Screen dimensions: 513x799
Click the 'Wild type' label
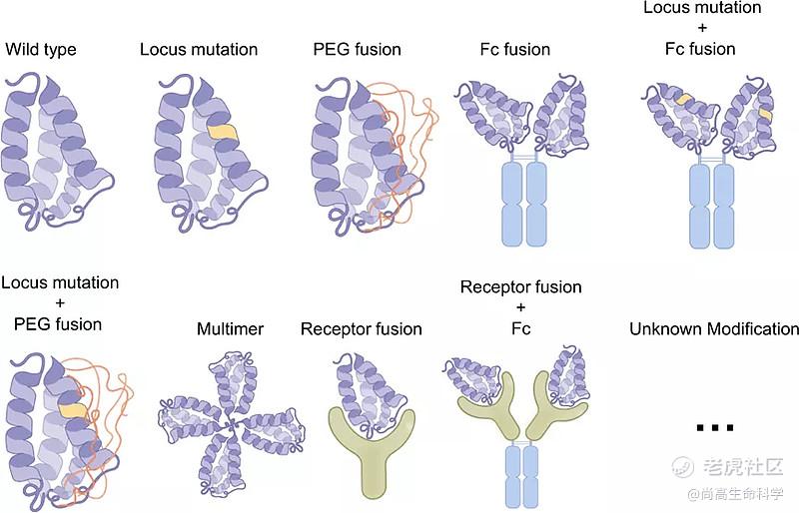40,49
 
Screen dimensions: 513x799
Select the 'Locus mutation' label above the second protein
199,49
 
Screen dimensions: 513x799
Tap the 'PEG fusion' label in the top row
357,49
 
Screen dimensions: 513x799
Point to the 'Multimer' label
230,328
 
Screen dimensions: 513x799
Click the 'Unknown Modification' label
713,328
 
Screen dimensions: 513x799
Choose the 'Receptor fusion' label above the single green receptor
361,328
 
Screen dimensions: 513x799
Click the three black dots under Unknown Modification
715,428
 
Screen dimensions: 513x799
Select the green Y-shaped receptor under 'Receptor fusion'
361,439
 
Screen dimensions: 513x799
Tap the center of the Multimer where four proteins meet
231,426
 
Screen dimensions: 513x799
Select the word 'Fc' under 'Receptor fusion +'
520,328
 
